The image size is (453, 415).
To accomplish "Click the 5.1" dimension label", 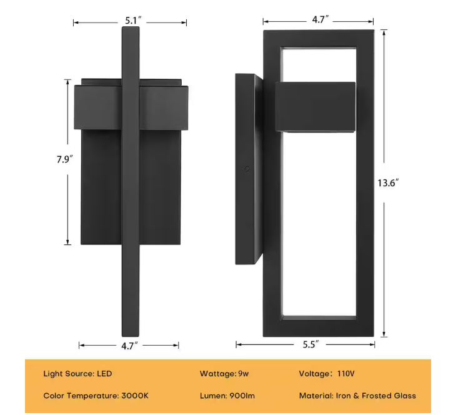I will (131, 21).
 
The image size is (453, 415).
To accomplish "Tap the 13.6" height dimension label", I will (388, 183).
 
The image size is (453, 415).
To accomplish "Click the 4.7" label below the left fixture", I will (129, 344).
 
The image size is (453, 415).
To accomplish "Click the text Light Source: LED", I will (77, 374).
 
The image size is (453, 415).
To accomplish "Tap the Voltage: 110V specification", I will (327, 374).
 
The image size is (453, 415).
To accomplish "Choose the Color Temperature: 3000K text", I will (96, 396).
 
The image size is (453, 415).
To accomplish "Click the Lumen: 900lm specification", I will (227, 396).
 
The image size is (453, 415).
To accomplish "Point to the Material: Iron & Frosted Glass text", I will (357, 396).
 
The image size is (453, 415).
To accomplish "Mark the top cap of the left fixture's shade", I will (130, 82).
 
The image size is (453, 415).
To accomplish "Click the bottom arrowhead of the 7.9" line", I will (67, 242).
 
